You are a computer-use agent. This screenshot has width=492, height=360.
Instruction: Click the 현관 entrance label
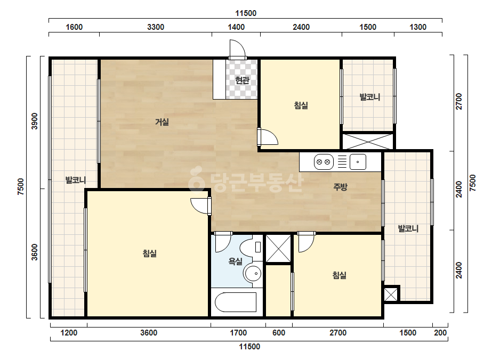242,80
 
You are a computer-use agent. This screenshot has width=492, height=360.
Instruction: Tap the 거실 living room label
162,121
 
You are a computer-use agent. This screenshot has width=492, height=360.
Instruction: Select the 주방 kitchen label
340,187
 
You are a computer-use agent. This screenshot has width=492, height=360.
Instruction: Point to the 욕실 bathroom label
235,261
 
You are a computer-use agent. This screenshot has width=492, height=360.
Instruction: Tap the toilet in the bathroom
251,247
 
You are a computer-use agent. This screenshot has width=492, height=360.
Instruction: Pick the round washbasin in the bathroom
253,274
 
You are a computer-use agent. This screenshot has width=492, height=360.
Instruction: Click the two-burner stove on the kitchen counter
324,162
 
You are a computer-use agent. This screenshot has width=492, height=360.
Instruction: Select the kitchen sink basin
358,162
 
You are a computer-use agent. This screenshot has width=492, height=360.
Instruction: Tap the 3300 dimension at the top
156,27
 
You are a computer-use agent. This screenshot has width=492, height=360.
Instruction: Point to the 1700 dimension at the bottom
238,333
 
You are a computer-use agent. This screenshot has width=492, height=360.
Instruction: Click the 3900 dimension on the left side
35,121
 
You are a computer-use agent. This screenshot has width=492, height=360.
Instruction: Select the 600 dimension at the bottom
279,333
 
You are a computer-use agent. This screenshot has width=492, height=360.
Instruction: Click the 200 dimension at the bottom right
440,333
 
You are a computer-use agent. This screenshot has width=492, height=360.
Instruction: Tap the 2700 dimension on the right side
459,101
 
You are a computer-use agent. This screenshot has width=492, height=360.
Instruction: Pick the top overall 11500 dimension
246,13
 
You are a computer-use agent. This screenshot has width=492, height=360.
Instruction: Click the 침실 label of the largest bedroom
150,253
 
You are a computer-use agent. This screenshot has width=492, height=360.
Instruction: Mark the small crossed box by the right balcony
391,294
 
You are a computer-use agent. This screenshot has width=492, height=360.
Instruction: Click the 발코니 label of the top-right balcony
370,97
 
